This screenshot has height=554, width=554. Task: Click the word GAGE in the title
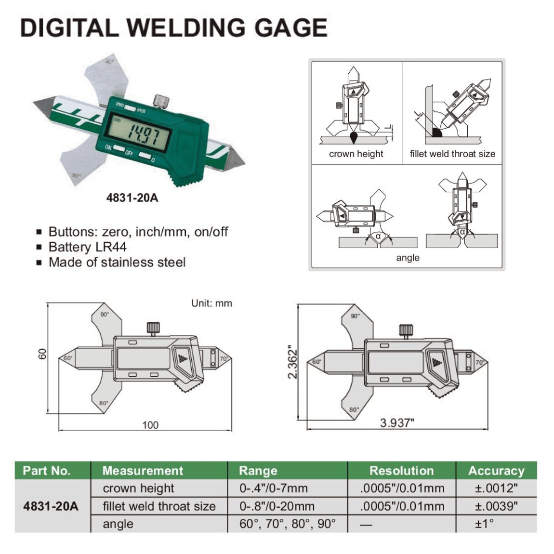pos(291,27)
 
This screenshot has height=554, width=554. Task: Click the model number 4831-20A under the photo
pos(132,198)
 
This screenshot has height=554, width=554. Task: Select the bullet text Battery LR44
pos(87,247)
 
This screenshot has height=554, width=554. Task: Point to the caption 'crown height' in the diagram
pos(356,154)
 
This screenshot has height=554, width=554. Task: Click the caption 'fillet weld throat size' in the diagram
pos(452,154)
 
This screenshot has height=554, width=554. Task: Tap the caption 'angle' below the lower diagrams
pos(408,258)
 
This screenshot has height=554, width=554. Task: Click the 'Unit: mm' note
pos(211,303)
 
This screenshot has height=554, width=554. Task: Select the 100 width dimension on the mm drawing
pos(150,425)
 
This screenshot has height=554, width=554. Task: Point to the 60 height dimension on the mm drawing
pos(43,354)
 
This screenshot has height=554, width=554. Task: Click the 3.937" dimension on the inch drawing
pos(397,423)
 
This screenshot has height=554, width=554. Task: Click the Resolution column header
pos(401,471)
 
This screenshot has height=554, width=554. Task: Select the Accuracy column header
pos(496,471)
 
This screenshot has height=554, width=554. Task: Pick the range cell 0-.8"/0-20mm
pos(277,506)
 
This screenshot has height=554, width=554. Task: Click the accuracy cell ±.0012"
pos(496,488)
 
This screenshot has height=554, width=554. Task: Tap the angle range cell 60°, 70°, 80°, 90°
pos(288,524)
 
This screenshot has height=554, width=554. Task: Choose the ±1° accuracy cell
pos(484,524)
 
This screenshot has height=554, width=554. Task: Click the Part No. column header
pos(47,471)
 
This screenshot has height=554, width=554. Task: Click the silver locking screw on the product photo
pos(161,101)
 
